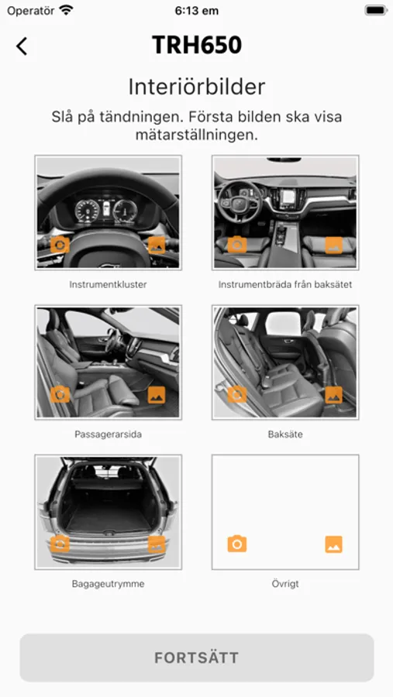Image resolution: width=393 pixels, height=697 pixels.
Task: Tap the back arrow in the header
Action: coord(22,46)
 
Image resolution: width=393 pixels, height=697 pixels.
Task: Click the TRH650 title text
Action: coord(197,45)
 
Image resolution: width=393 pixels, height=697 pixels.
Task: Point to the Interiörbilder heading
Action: coord(197,87)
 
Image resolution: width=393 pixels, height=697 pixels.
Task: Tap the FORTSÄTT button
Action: coord(197,658)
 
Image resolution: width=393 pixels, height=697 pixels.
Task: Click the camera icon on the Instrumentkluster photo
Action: coord(60,245)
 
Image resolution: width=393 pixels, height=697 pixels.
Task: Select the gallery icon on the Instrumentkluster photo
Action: coord(157,245)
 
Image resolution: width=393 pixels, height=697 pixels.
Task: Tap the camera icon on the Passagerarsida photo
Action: coord(60,394)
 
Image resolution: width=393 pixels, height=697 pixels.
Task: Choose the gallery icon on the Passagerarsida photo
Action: coord(157,395)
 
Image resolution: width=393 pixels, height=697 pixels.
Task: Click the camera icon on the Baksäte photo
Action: coord(236,394)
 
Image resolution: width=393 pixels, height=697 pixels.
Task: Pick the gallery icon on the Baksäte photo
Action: coord(334,395)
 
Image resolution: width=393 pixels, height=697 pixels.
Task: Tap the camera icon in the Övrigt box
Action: coord(236,544)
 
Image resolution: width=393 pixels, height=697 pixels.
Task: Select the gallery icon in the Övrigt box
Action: coord(334,544)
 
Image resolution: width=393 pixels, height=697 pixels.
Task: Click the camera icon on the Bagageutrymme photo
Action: coord(60,544)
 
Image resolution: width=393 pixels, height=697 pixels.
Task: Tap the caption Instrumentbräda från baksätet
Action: coord(285,284)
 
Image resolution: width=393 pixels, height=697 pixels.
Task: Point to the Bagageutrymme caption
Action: coord(109,584)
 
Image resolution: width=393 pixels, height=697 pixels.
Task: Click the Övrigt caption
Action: coord(285,583)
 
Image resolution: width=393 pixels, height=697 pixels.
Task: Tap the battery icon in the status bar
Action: coord(376,10)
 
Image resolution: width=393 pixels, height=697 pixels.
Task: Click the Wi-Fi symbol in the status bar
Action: coord(67,10)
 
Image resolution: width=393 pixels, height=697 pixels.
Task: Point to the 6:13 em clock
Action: coord(197,11)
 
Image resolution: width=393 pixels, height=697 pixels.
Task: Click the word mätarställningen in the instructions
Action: coord(197,135)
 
